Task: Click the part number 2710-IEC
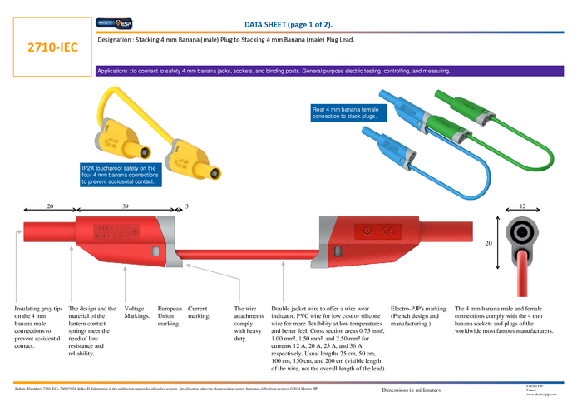click(x=52, y=47)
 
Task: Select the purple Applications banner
click(x=274, y=72)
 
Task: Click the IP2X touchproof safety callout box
click(x=120, y=175)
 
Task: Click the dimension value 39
click(x=126, y=206)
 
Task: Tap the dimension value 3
click(x=187, y=206)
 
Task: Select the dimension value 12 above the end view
click(x=522, y=206)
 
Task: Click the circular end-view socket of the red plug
click(x=522, y=231)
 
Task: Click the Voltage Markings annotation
click(x=138, y=312)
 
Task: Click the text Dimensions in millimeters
click(x=412, y=390)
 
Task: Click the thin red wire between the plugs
click(x=249, y=251)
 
